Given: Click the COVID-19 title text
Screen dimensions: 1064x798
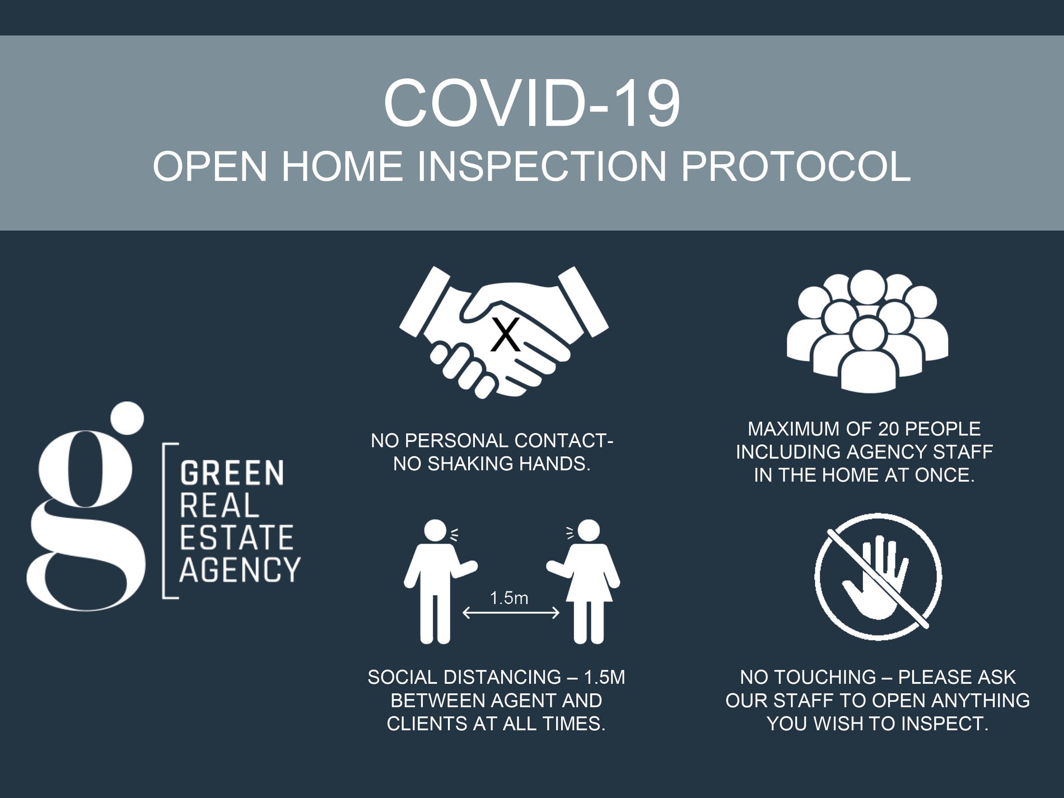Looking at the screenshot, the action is click(x=531, y=104).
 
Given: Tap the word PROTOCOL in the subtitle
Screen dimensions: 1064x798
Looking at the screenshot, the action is click(x=796, y=166).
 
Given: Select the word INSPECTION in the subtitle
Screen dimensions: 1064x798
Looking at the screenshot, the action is click(x=542, y=166).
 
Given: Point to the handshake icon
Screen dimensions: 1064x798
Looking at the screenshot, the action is click(x=503, y=333).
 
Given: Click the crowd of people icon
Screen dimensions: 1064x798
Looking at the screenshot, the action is click(x=867, y=332).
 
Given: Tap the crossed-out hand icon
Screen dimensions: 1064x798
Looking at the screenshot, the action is click(x=878, y=576).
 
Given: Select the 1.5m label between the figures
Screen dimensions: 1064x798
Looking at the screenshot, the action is click(x=509, y=598).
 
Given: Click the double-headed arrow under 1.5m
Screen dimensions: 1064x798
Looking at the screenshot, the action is click(x=511, y=613).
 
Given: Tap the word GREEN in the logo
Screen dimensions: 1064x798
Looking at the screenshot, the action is click(x=232, y=473).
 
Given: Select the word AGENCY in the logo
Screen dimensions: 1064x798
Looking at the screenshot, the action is click(x=240, y=570).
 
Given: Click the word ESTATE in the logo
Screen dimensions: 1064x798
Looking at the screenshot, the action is click(x=236, y=538).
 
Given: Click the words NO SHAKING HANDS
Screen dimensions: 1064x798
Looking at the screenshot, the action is click(x=492, y=464).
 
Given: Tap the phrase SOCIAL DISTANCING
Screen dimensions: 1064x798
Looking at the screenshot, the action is click(x=464, y=678).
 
